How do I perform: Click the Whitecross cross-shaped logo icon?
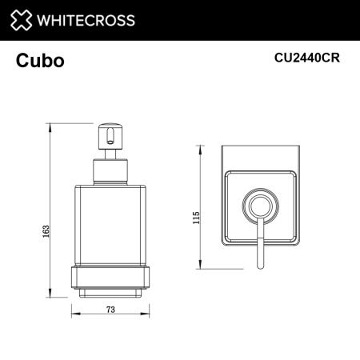click(24, 19)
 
